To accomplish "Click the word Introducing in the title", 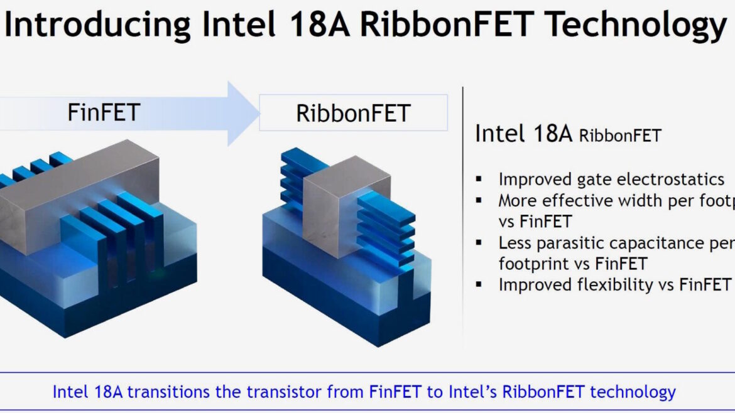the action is [x=97, y=25].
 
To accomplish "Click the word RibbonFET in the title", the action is [x=447, y=24].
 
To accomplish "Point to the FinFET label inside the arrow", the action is [x=104, y=112].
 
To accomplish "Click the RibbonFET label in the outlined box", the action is [x=354, y=114].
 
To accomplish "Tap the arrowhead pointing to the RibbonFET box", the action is [x=243, y=114].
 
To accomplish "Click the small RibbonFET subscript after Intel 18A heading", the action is [x=620, y=136].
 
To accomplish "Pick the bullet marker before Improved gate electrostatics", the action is [x=479, y=179].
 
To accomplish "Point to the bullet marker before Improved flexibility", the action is [x=479, y=284].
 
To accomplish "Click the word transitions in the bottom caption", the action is [x=168, y=392].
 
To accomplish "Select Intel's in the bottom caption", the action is [x=472, y=392].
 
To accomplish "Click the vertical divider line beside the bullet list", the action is [x=462, y=215].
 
